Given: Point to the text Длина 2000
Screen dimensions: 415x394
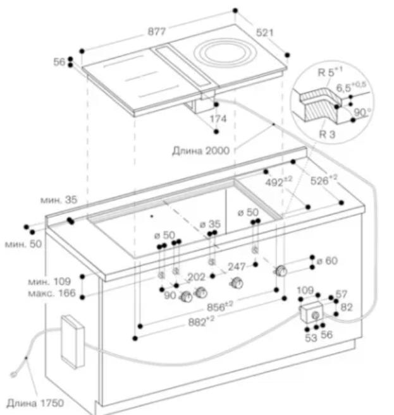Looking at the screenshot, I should (x=200, y=150).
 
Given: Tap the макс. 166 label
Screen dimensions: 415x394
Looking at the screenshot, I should (x=55, y=294).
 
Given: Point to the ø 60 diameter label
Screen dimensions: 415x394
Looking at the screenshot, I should (x=328, y=260).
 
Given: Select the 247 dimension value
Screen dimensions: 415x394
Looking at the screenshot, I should (x=237, y=267).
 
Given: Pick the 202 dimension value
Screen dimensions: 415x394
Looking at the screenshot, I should (x=197, y=276).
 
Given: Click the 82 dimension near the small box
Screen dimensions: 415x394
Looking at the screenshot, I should (x=345, y=307).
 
